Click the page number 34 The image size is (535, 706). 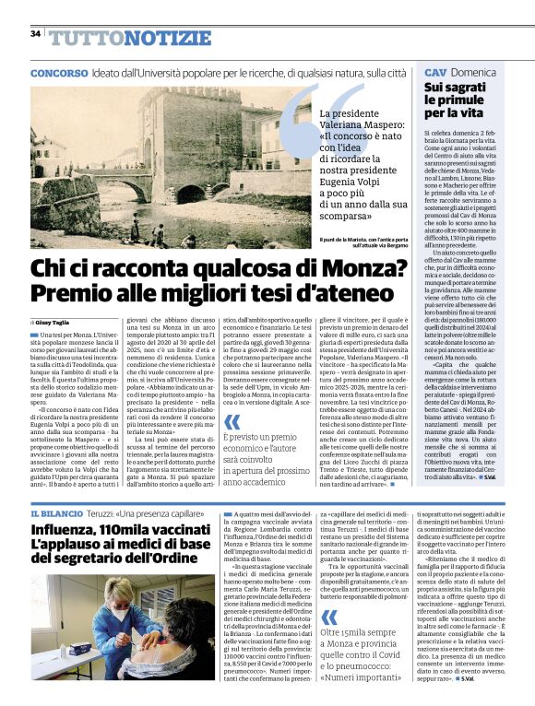tap(35, 34)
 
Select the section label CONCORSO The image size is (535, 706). tap(59, 73)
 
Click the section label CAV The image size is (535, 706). tap(435, 73)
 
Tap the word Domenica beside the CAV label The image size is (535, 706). tap(473, 73)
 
